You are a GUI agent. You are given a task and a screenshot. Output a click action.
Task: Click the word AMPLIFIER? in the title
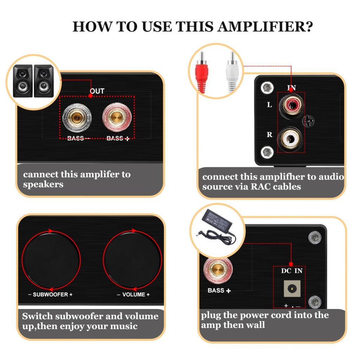point(265,27)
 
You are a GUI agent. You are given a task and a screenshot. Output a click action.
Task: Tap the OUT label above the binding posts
point(97,91)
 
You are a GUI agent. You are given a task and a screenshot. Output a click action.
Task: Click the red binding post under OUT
point(117,117)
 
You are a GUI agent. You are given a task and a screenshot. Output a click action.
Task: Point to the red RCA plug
point(201,72)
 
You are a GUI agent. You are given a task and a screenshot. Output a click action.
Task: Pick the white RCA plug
point(232,72)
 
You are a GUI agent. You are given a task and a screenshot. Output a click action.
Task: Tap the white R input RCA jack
point(290,139)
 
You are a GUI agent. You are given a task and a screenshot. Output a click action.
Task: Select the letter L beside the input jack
point(269,105)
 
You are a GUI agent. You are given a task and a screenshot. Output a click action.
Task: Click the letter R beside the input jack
point(270,135)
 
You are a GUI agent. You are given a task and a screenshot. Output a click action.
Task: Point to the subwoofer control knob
point(51,261)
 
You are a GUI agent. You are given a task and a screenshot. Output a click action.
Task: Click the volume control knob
point(132,261)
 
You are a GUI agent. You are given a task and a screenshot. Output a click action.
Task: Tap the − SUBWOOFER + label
point(50,295)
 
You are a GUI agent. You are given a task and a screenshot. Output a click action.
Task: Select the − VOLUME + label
point(133,295)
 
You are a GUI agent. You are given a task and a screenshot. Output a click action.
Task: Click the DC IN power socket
point(292,289)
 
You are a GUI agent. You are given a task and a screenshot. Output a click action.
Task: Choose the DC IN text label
point(292,271)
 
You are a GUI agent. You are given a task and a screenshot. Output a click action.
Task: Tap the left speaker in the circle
point(23,81)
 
